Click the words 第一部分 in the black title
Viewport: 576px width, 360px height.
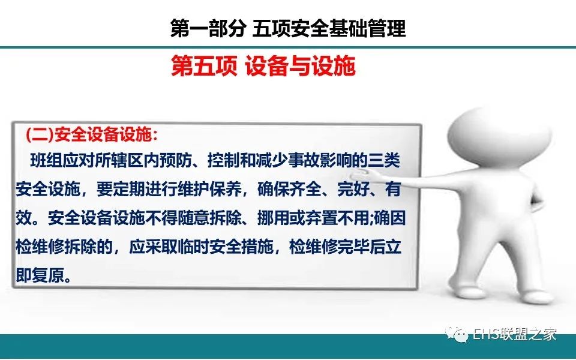coord(208,28)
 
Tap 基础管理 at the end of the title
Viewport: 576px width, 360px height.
coord(368,28)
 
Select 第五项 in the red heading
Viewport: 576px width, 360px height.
coord(204,66)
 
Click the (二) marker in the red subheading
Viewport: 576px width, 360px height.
coord(40,135)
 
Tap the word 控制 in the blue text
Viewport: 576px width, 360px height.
coord(223,161)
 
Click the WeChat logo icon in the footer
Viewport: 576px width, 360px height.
coord(456,334)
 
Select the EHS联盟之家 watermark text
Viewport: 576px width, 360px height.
coord(514,334)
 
